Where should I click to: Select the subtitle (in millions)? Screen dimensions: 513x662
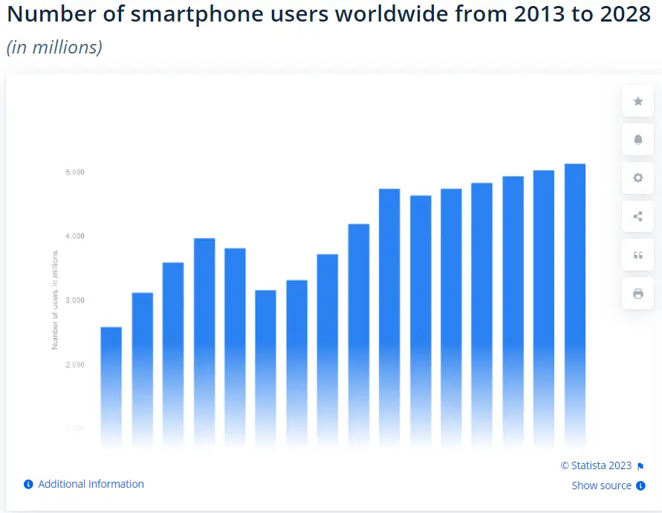pyautogui.click(x=54, y=47)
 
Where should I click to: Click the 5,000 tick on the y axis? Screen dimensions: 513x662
pyautogui.click(x=74, y=172)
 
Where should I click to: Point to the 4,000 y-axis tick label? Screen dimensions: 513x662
pyautogui.click(x=74, y=236)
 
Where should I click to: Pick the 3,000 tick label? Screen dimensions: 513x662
pyautogui.click(x=74, y=300)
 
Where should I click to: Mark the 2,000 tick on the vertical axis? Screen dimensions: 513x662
pyautogui.click(x=74, y=365)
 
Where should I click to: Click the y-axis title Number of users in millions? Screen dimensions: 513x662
pyautogui.click(x=55, y=300)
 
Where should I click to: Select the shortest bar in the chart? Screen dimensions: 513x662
pyautogui.click(x=111, y=387)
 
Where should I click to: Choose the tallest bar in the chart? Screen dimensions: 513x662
pyautogui.click(x=575, y=305)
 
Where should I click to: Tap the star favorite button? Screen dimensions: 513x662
pyautogui.click(x=637, y=101)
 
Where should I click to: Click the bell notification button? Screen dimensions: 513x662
pyautogui.click(x=637, y=140)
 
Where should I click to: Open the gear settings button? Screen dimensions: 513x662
pyautogui.click(x=637, y=178)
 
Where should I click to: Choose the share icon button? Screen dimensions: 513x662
pyautogui.click(x=637, y=216)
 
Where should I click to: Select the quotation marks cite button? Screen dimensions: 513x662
pyautogui.click(x=637, y=255)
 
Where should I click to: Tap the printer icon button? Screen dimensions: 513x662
pyautogui.click(x=637, y=294)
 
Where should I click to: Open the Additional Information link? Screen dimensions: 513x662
pyautogui.click(x=91, y=484)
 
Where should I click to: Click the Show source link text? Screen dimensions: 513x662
pyautogui.click(x=601, y=485)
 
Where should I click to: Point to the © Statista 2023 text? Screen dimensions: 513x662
pyautogui.click(x=596, y=465)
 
